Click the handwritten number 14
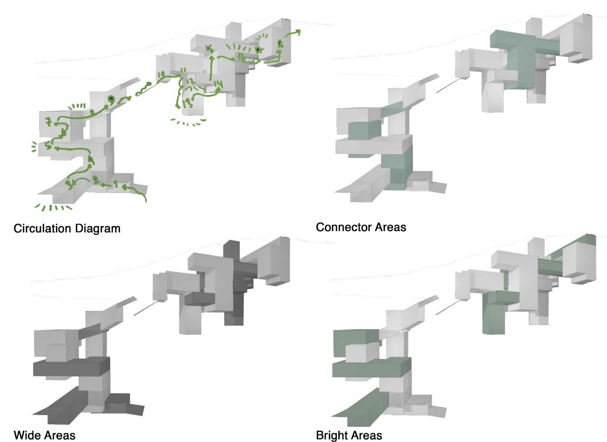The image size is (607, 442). point(218,84)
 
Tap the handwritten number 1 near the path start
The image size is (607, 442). point(116,184)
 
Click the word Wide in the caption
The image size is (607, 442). point(25,435)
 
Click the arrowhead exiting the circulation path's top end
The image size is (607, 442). point(297,33)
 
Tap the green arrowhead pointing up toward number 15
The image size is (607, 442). point(211,57)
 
